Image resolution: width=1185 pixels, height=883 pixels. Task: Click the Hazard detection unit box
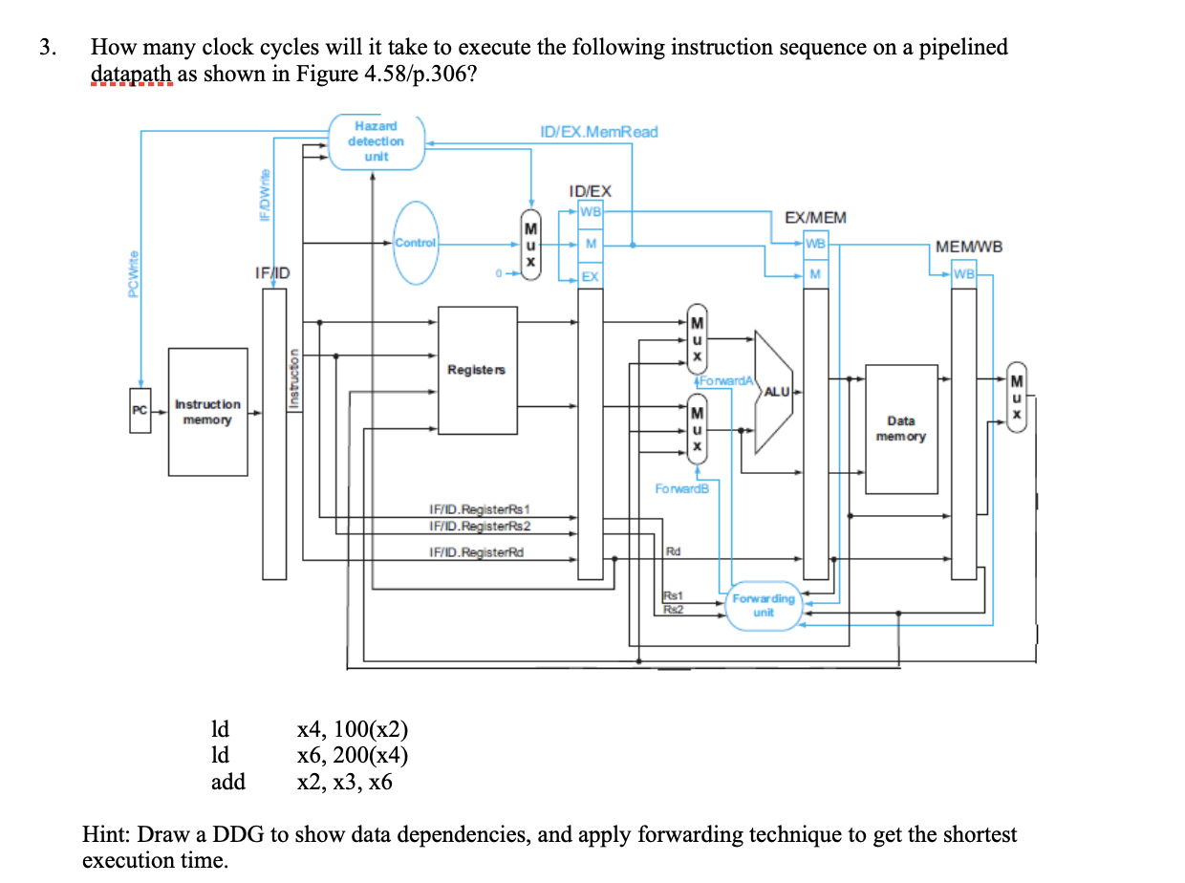pos(377,142)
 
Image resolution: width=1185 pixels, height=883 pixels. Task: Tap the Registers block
pos(476,369)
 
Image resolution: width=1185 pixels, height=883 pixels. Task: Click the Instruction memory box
pos(207,413)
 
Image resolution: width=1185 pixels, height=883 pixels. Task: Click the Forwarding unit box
pos(763,605)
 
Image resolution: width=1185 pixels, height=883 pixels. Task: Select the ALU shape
pos(774,391)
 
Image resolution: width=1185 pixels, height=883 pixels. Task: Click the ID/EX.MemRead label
pos(598,132)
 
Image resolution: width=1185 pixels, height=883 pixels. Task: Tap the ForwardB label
pos(682,489)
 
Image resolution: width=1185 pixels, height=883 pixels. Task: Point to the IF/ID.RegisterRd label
pos(476,552)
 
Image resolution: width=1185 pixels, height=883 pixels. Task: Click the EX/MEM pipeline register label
pos(814,218)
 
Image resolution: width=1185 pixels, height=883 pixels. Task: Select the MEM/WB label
pos(969,247)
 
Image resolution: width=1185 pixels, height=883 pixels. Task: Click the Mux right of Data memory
pos(1018,397)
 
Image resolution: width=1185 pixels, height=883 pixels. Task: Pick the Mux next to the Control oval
pos(529,245)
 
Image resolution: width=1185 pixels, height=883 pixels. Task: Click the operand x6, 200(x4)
pos(353,756)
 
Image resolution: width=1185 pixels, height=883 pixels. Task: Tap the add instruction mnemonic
pos(227,782)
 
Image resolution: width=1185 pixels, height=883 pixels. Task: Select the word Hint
pos(106,834)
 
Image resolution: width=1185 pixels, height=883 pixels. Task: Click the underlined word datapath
pos(131,75)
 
